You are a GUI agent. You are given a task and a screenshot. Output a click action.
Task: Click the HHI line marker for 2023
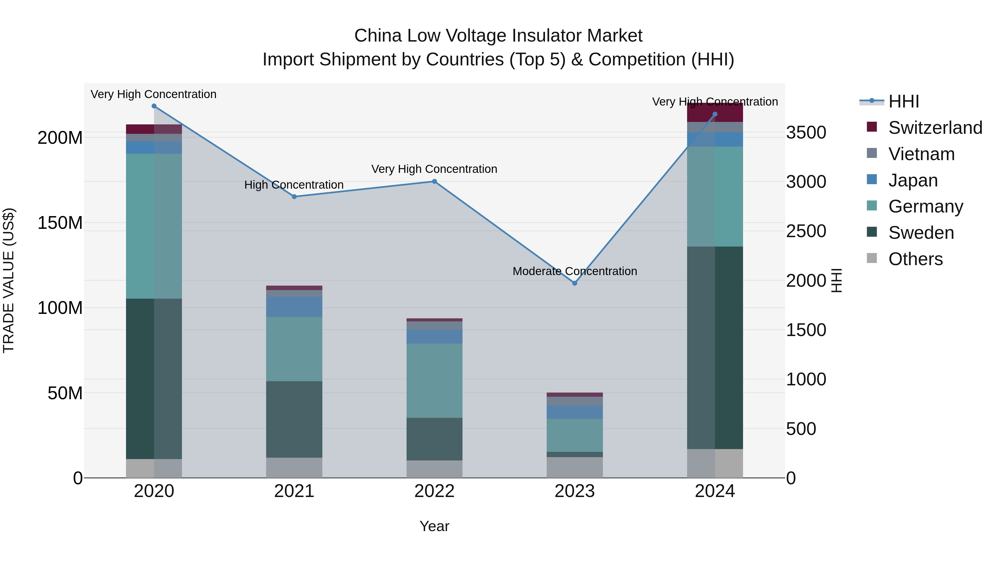tap(575, 283)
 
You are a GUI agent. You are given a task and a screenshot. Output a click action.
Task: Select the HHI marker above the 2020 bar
tap(154, 106)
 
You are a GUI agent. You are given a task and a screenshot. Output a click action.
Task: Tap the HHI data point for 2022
tap(434, 181)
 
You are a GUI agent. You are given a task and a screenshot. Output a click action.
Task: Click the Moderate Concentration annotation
tap(575, 271)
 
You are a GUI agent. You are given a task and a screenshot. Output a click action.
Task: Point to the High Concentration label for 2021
tap(294, 185)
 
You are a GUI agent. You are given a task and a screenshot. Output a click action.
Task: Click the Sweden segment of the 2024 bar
tap(715, 348)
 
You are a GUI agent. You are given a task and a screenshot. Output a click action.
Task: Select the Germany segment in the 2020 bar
tap(154, 226)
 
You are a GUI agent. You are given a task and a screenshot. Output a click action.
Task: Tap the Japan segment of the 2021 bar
tap(294, 307)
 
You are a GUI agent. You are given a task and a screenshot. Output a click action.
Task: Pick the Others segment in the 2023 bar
tap(575, 467)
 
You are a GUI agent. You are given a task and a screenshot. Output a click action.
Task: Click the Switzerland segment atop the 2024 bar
tap(715, 113)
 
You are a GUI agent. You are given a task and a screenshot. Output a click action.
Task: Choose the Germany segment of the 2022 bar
tap(434, 381)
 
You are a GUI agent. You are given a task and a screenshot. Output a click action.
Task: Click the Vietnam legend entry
tap(921, 154)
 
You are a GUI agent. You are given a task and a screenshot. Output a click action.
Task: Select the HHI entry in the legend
tap(903, 101)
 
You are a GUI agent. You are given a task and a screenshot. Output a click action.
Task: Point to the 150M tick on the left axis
tap(60, 223)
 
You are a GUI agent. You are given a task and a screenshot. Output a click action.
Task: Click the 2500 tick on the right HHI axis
tap(806, 231)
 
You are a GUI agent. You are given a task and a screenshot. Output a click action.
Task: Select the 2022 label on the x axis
tap(434, 491)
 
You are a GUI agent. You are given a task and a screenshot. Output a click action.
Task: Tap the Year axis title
tap(434, 526)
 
